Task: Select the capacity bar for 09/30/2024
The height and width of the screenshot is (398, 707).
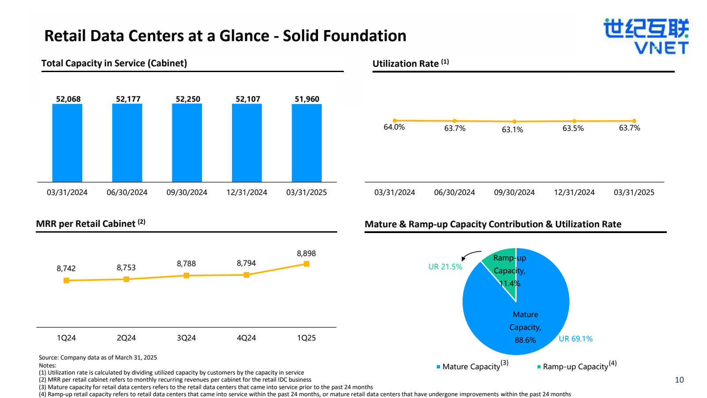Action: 187,143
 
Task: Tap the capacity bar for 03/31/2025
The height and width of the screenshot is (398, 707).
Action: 307,143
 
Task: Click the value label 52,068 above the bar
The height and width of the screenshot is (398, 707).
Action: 68,99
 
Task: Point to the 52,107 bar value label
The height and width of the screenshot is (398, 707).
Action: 248,99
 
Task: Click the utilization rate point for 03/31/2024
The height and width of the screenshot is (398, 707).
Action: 395,120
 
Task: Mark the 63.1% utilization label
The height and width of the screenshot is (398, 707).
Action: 512,130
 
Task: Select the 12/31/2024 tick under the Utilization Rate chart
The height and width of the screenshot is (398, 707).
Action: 574,192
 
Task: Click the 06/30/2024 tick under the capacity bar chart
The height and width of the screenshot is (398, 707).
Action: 127,192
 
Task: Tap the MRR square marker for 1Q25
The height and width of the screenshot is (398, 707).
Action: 306,264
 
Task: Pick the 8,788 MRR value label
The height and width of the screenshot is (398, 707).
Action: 186,264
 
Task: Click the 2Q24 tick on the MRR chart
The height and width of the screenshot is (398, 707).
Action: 126,338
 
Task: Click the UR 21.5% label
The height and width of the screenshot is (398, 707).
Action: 445,267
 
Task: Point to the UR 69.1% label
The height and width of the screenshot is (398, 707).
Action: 576,339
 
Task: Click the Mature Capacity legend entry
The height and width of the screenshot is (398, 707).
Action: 472,366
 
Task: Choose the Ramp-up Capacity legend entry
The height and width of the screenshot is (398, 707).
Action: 577,366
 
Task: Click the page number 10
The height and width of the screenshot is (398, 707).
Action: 679,380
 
